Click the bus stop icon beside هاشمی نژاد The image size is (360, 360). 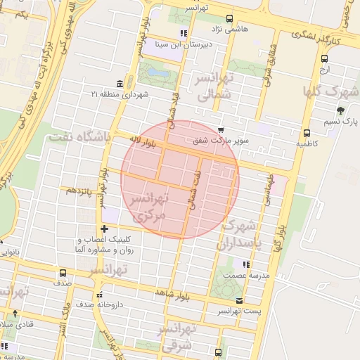(229, 20)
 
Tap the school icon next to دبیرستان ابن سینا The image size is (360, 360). (184, 33)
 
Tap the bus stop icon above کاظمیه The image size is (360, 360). (307, 133)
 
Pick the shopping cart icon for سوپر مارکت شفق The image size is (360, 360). (221, 130)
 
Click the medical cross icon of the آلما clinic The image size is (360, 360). (104, 229)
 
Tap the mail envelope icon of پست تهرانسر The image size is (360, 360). (240, 300)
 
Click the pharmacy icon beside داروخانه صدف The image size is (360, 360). (99, 294)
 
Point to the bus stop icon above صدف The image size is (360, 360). (63, 273)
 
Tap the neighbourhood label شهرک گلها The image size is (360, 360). (330, 92)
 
